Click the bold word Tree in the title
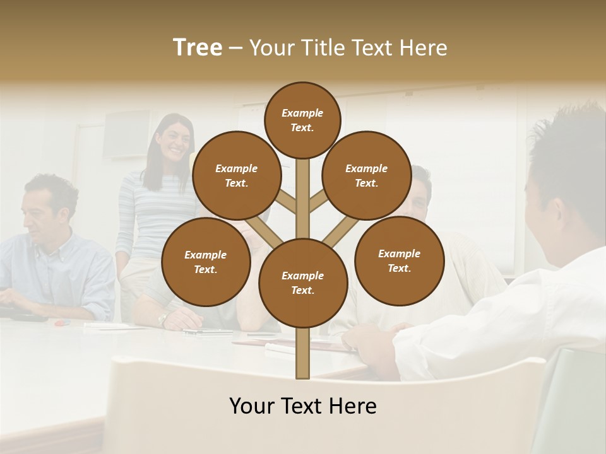pos(198,47)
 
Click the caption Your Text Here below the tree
pos(302,406)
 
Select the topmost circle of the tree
pos(302,120)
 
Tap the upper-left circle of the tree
pos(236,175)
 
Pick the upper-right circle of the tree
pos(366,175)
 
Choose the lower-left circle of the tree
pos(205,262)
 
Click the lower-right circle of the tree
pos(399,260)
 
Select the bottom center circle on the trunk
pos(302,282)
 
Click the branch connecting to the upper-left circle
pos(286,203)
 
